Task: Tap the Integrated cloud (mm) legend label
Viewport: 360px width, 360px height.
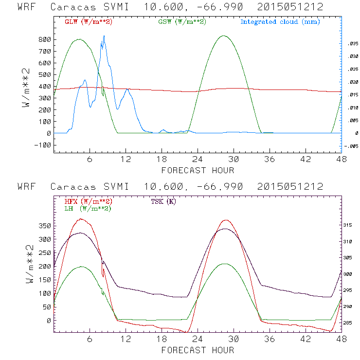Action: click(x=280, y=22)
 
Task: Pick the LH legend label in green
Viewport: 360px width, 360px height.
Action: click(x=87, y=208)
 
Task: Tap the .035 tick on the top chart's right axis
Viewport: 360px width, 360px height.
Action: click(x=353, y=44)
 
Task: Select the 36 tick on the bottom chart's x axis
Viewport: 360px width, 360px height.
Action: click(x=270, y=339)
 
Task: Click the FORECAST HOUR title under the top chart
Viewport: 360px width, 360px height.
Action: click(x=198, y=170)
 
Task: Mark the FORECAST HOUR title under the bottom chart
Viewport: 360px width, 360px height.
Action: click(x=198, y=350)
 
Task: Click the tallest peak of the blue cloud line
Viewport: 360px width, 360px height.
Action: click(x=104, y=36)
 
